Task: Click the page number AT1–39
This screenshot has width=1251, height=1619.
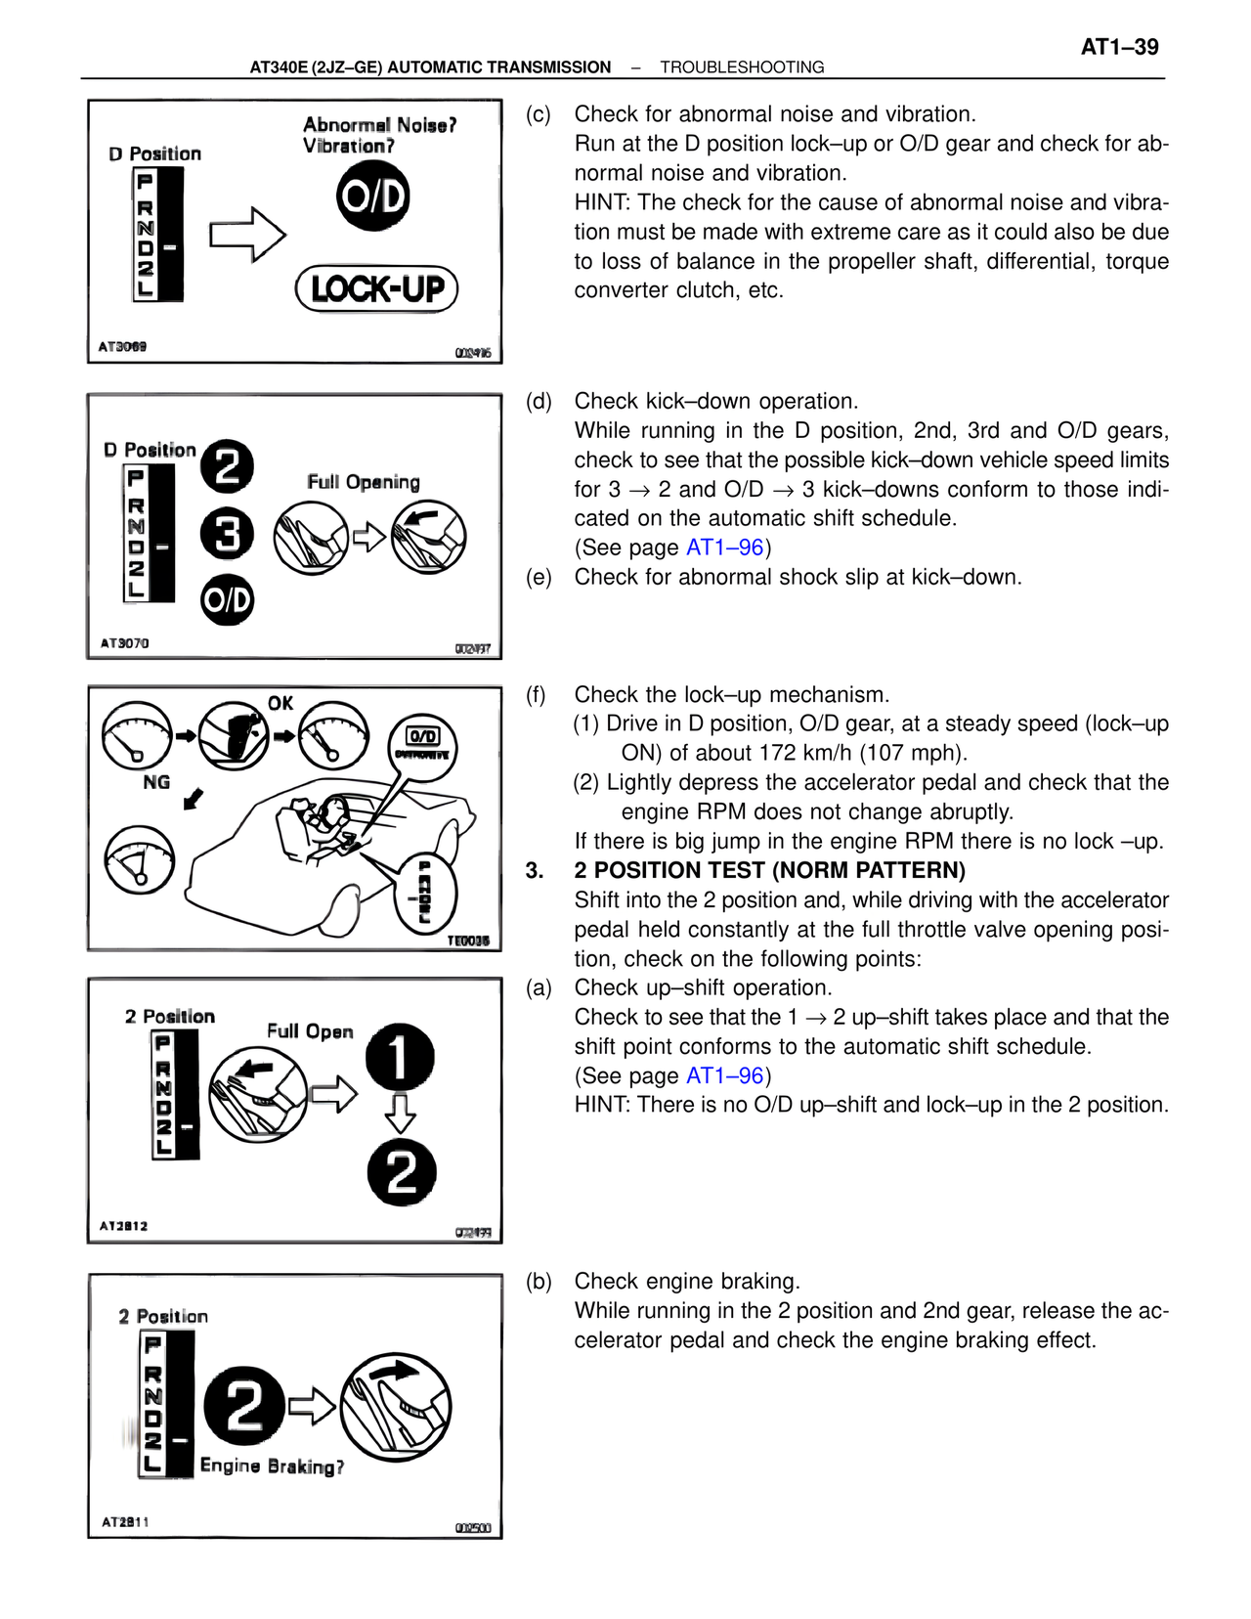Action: pyautogui.click(x=1119, y=47)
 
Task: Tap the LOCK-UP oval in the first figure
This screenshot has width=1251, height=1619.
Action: pyautogui.click(x=377, y=289)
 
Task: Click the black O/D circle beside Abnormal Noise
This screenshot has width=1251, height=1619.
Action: pyautogui.click(x=372, y=197)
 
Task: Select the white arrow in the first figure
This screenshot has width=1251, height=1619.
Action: pyautogui.click(x=247, y=235)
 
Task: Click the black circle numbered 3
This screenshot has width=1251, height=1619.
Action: pyautogui.click(x=227, y=535)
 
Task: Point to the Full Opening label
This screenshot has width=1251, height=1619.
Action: pyautogui.click(x=363, y=482)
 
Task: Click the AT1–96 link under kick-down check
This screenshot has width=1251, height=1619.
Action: pyautogui.click(x=724, y=547)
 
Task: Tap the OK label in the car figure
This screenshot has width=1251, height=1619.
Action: pyautogui.click(x=280, y=703)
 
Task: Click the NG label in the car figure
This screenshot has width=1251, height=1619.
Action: pyautogui.click(x=156, y=782)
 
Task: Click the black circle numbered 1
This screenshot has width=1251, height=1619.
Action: pyautogui.click(x=400, y=1056)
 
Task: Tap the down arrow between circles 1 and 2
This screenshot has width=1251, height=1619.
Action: pyautogui.click(x=400, y=1113)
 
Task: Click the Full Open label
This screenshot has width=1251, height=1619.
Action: pyautogui.click(x=310, y=1031)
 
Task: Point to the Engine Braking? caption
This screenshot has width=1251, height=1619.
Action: pyautogui.click(x=272, y=1466)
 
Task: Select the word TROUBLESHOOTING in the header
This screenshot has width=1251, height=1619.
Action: pyautogui.click(x=742, y=67)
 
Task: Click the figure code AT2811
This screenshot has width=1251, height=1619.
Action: pyautogui.click(x=125, y=1522)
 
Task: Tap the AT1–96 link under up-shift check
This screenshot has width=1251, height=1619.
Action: pyautogui.click(x=724, y=1075)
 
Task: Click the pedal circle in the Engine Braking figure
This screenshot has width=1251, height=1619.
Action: pyautogui.click(x=396, y=1408)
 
